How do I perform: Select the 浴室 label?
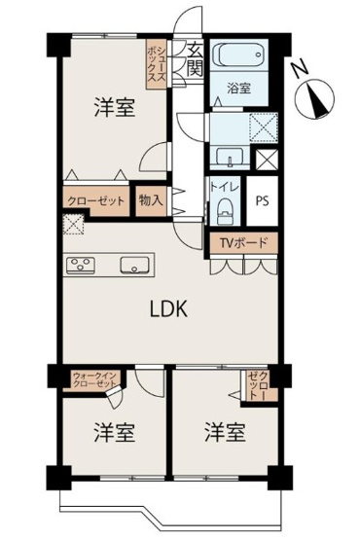click(x=239, y=89)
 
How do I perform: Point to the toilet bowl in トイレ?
click(x=225, y=206)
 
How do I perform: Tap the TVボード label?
click(x=243, y=243)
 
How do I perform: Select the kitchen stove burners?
click(x=80, y=264)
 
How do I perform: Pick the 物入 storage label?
click(x=151, y=200)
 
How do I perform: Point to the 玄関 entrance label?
click(x=194, y=60)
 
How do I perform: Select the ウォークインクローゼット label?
click(x=95, y=380)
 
